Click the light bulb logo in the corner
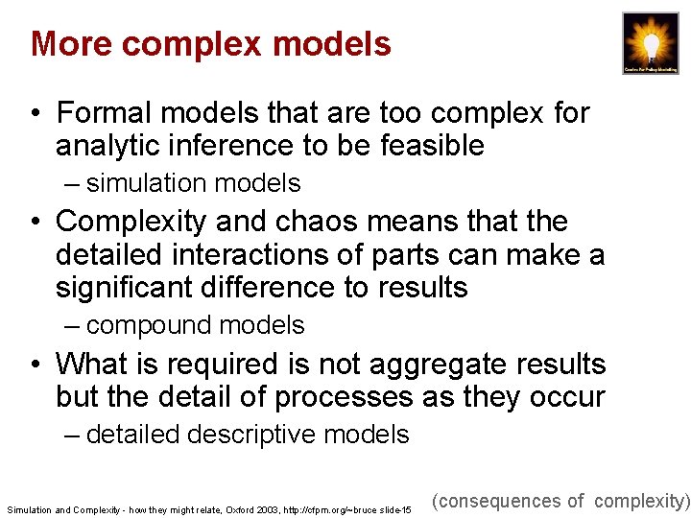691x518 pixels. [650, 44]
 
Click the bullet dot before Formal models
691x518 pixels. [36, 114]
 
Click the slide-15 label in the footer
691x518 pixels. [393, 509]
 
